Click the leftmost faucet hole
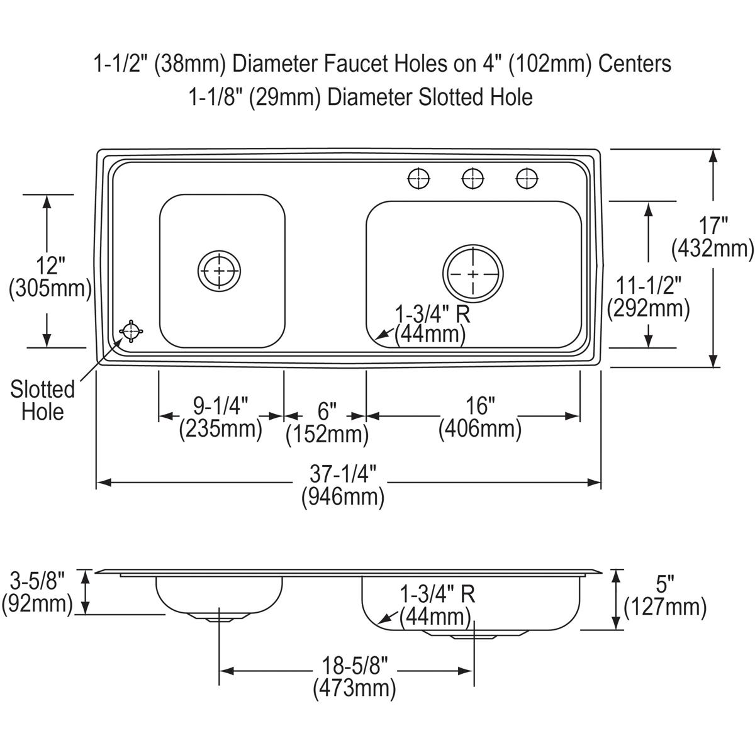click(419, 179)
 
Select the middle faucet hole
click(473, 179)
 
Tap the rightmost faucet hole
click(527, 179)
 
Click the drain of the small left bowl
click(219, 271)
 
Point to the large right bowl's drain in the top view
click(473, 274)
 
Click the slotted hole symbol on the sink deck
click(131, 332)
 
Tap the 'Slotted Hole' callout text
click(42, 401)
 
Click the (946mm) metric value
click(343, 497)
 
